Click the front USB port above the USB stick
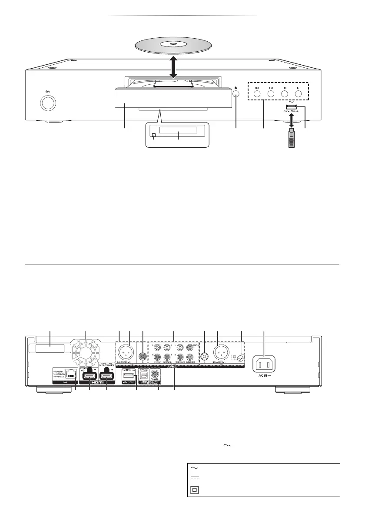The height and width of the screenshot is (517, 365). [x=291, y=107]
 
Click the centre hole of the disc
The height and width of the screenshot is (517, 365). [x=173, y=43]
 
